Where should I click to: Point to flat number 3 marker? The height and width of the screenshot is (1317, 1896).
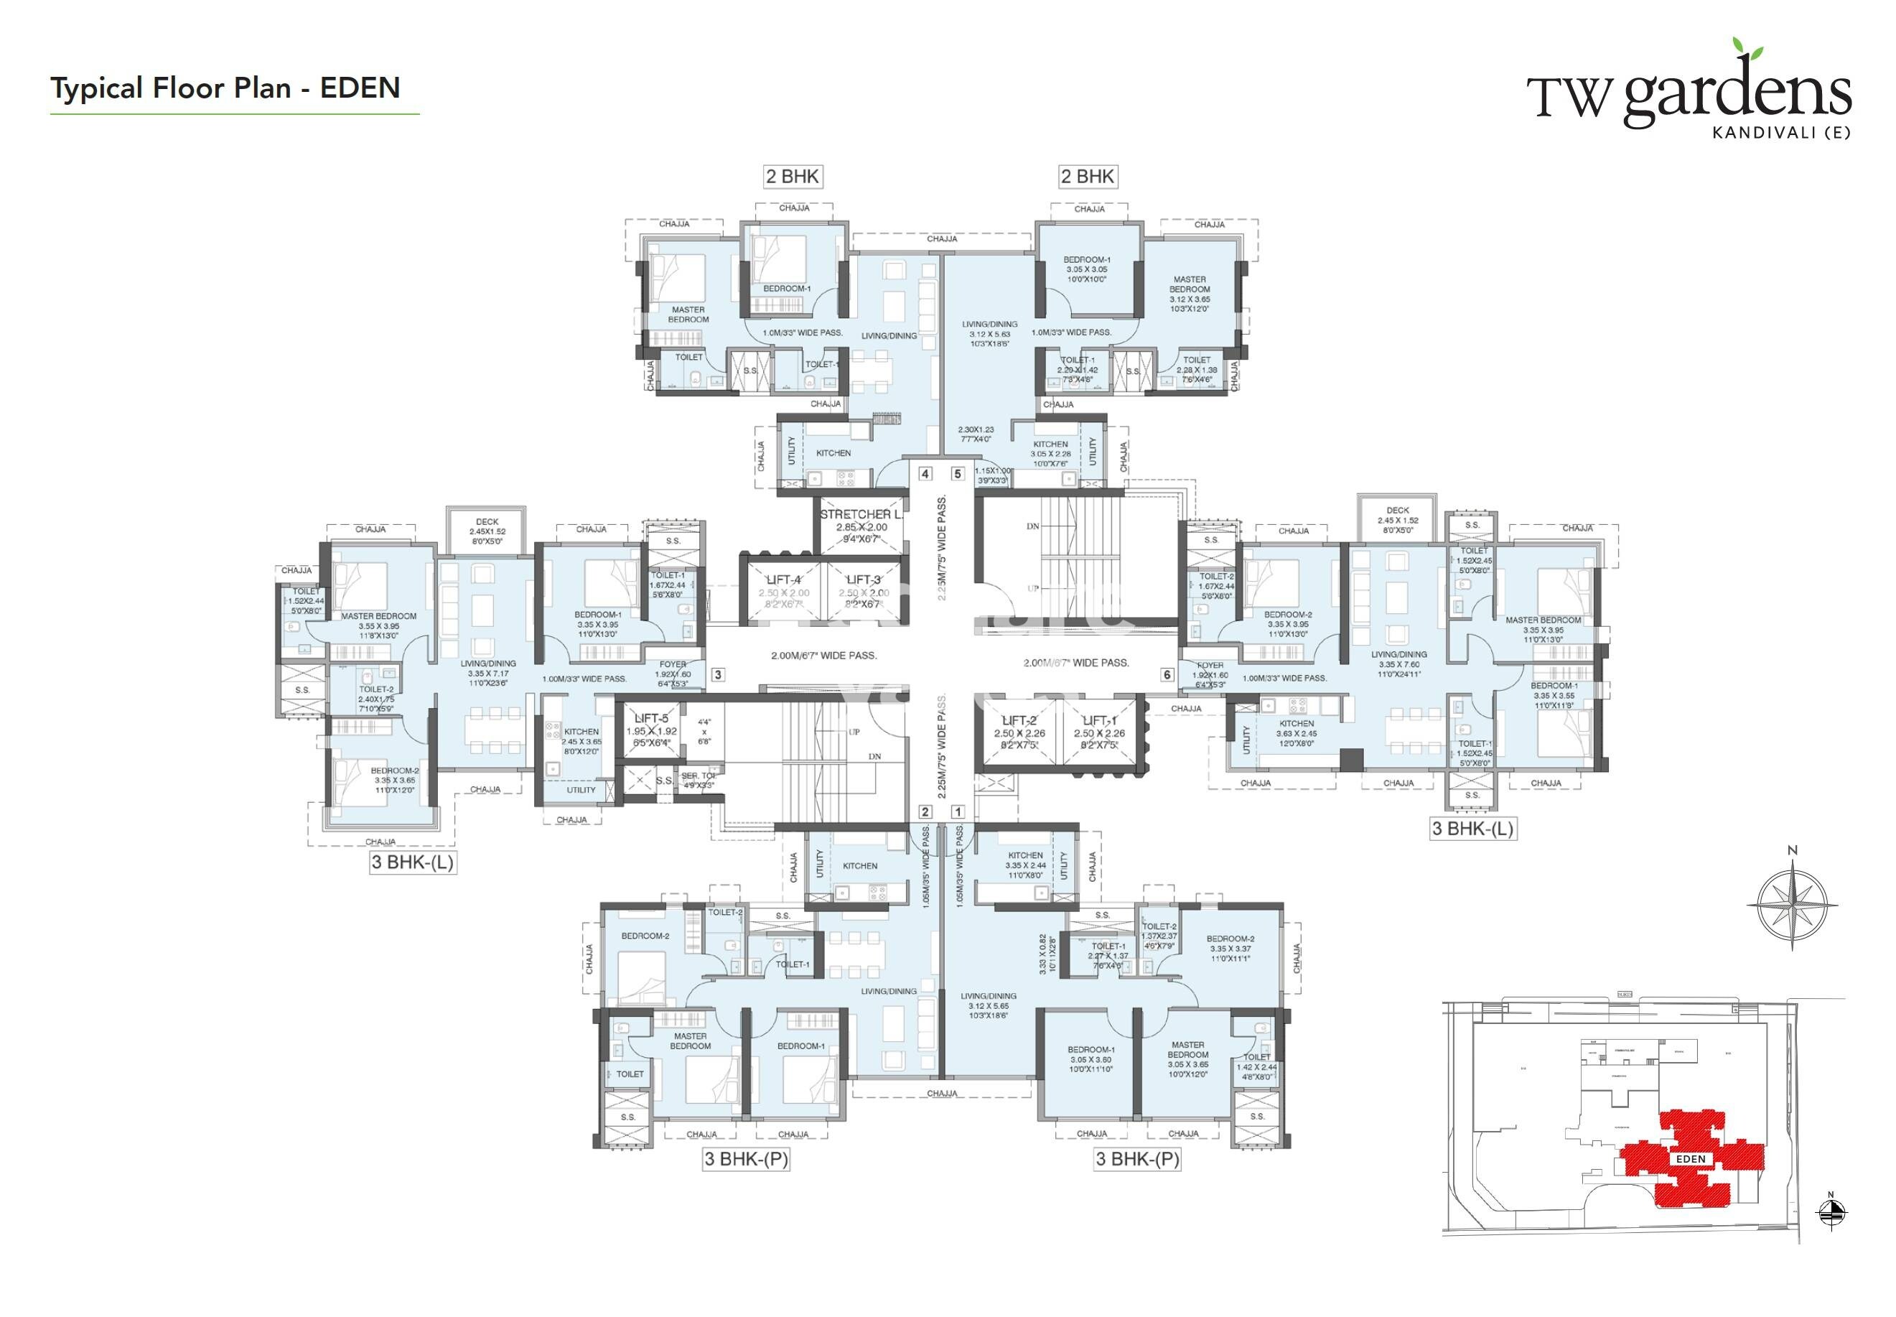718,674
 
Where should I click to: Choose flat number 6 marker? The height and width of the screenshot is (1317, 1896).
1167,674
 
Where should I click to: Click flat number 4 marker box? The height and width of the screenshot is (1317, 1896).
925,474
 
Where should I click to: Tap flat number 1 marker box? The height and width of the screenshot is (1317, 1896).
957,812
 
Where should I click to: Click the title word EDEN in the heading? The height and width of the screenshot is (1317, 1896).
360,88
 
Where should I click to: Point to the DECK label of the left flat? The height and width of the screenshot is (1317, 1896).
487,521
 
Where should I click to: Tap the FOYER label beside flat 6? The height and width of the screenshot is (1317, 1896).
1210,665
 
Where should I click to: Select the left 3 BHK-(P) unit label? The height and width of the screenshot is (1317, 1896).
745,1158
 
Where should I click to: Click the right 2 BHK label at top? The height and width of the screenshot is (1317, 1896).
1088,176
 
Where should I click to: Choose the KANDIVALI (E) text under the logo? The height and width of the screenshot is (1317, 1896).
1780,132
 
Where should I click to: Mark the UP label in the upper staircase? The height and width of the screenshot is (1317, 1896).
1032,589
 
